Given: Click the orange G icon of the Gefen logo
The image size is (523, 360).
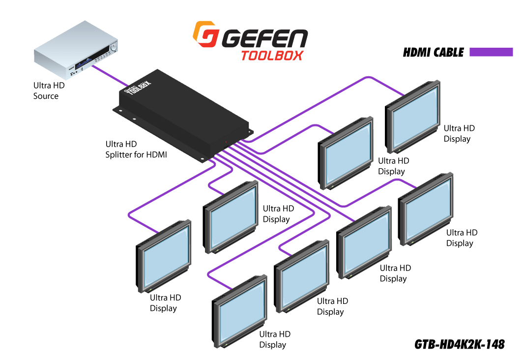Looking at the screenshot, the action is [206, 34].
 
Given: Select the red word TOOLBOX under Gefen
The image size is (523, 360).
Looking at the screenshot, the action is [272, 56].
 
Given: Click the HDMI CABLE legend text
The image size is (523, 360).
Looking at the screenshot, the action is [433, 53].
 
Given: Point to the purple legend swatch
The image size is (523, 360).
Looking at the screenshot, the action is [491, 52].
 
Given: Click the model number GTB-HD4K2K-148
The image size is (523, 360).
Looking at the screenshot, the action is [459, 344].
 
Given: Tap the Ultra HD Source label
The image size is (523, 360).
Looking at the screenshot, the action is [49, 91].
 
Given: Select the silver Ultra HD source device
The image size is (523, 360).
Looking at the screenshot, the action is [76, 50].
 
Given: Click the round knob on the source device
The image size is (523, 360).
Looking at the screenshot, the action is [114, 46].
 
